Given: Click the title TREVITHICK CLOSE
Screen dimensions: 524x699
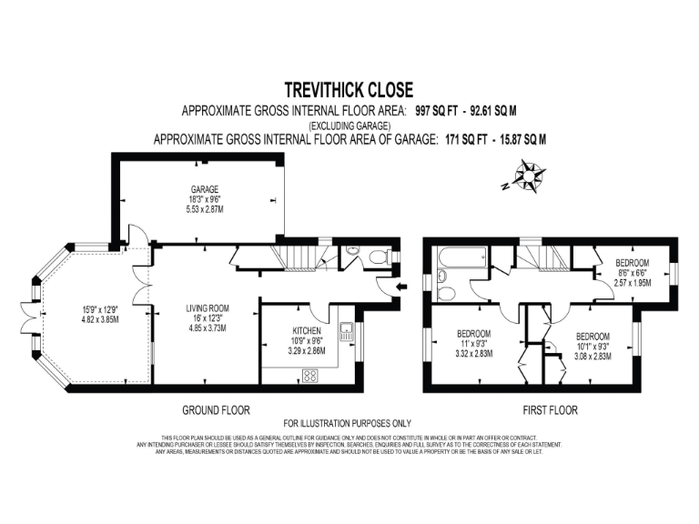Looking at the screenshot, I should point(349,90).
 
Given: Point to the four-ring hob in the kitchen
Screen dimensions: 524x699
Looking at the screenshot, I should point(309,374).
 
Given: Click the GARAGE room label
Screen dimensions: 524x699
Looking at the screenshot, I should point(204,189).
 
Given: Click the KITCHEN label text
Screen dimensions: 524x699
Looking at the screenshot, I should point(306,331).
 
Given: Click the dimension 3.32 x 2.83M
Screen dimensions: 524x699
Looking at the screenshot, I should point(474,354).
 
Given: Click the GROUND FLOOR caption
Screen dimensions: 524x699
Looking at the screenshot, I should point(216,410).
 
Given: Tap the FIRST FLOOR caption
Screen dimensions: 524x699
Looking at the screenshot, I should point(550,410).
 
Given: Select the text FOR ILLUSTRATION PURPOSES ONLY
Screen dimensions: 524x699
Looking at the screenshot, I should point(347,423).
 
